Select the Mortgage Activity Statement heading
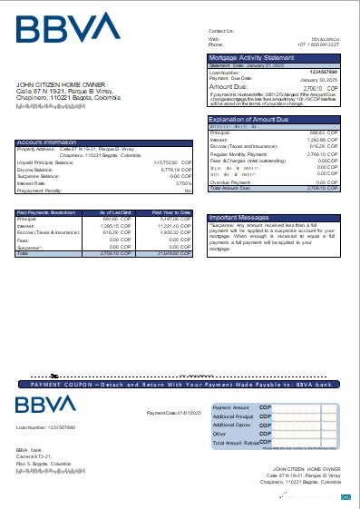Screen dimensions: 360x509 click(248, 57)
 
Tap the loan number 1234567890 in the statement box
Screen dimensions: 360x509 click(323, 71)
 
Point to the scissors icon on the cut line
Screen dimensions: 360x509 click(55, 374)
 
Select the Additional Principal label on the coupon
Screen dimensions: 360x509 click(232, 416)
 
